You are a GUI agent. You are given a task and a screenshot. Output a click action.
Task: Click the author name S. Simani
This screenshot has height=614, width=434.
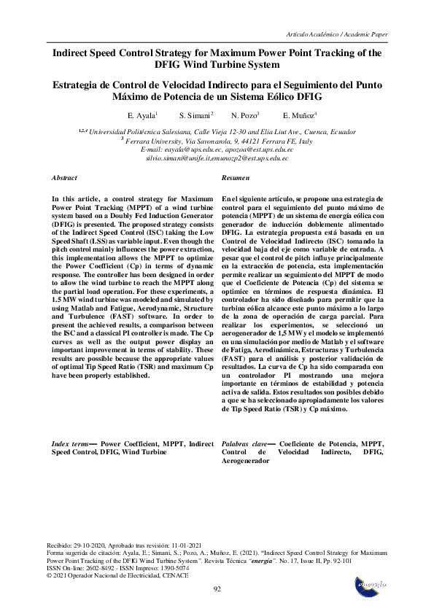195,116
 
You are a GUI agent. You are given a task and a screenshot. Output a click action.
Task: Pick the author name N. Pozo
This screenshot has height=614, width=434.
244,116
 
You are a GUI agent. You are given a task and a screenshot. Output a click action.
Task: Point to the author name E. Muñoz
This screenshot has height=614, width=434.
299,116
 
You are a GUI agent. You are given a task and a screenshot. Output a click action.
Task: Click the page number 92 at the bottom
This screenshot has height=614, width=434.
217,588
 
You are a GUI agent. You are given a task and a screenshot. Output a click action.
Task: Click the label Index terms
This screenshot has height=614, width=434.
70,443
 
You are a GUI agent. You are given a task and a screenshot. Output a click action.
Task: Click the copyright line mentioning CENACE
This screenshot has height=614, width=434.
117,575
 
